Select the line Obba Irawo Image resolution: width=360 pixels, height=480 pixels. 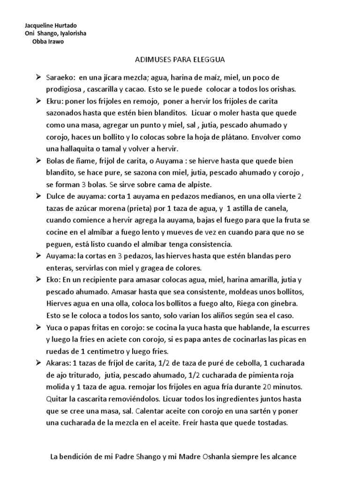[x=48, y=42]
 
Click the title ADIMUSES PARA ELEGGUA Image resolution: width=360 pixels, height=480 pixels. [x=180, y=60]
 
